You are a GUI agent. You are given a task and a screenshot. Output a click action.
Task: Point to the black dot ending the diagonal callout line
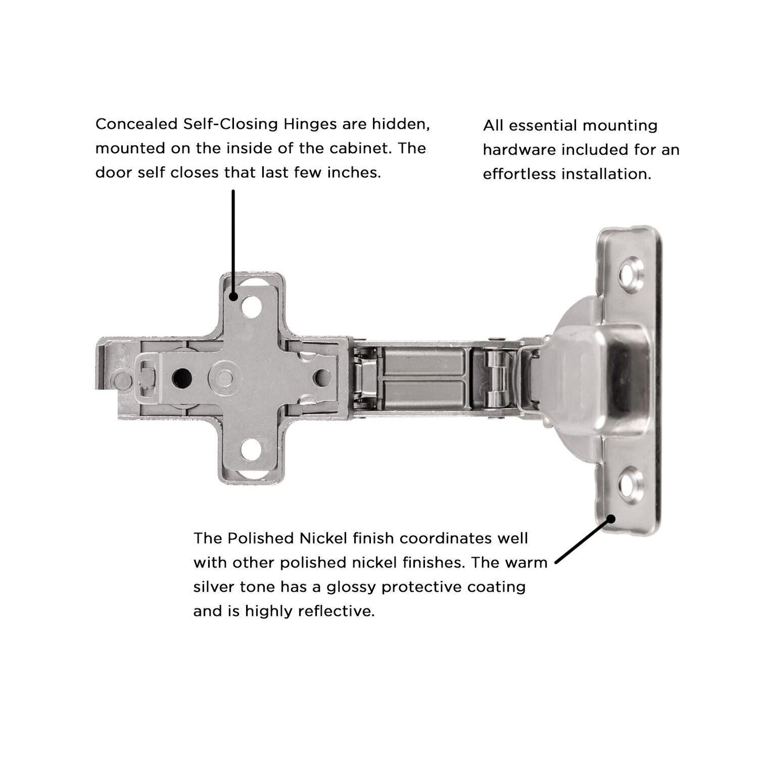pos(611,519)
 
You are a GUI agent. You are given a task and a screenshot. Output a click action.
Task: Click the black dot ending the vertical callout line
pos(233,297)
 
